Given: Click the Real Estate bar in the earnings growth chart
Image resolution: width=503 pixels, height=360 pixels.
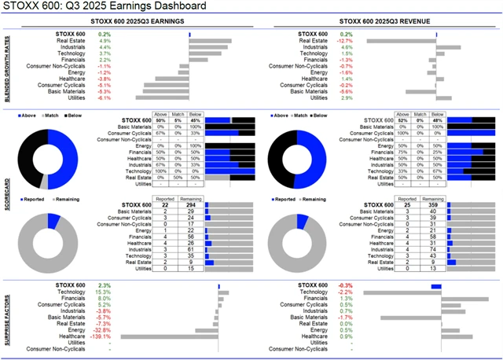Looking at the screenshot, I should pyautogui.click(x=211, y=41).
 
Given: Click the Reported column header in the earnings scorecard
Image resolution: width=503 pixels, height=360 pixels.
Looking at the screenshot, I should pyautogui.click(x=166, y=199).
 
